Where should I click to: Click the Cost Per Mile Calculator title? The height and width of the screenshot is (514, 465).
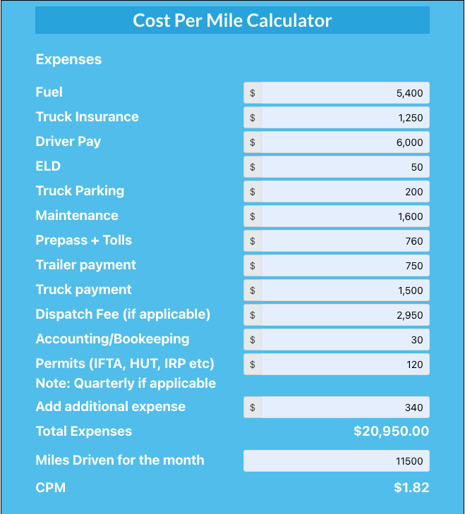[232, 20]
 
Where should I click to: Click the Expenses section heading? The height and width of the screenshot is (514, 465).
[68, 60]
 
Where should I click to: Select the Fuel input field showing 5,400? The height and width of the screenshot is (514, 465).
[344, 93]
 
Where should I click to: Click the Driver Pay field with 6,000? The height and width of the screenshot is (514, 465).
[344, 142]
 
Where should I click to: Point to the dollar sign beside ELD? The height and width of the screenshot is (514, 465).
[253, 167]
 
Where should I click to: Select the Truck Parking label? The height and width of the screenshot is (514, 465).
[80, 191]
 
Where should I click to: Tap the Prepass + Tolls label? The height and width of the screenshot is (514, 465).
[83, 240]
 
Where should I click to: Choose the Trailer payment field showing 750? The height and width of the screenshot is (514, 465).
[344, 266]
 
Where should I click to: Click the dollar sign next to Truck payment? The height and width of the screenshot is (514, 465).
[253, 290]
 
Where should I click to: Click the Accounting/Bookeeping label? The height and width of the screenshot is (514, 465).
[112, 339]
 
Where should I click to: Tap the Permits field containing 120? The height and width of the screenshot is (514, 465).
[344, 365]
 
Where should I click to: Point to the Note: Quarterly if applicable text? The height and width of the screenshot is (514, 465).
[126, 384]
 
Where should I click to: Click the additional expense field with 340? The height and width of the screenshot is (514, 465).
[344, 408]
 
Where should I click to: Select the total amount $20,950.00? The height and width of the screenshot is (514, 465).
[391, 432]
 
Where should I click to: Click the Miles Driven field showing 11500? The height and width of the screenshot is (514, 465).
[337, 461]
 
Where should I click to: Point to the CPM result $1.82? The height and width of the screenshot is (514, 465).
[411, 487]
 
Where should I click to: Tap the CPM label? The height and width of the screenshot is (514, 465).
[50, 487]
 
